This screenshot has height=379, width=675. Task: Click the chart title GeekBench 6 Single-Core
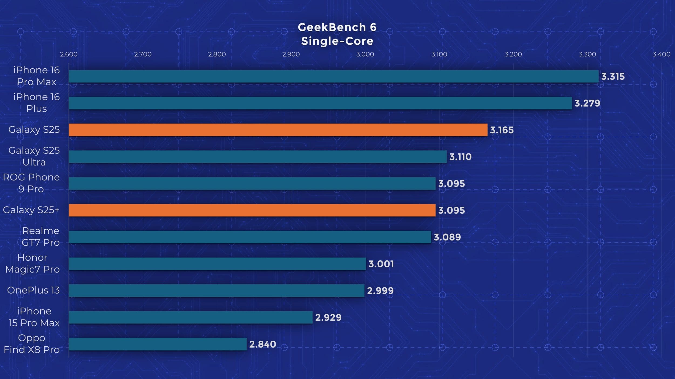[337, 34]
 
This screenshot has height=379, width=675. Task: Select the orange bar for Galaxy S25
[278, 130]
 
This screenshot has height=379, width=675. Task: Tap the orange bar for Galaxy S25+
[252, 210]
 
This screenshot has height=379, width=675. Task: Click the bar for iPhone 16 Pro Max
[333, 76]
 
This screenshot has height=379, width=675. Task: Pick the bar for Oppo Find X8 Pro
[158, 344]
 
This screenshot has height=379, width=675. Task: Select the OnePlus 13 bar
[217, 291]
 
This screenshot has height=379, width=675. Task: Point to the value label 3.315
[613, 77]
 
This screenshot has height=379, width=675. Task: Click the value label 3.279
[587, 103]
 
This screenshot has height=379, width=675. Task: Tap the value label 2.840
[262, 344]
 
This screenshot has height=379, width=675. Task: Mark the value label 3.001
[381, 264]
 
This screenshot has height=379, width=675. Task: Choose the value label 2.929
[328, 318]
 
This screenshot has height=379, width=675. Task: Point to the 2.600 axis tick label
[69, 54]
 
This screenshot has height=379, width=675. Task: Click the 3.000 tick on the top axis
[365, 54]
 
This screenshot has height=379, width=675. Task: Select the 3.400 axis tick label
[661, 54]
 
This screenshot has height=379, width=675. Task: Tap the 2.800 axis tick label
[217, 54]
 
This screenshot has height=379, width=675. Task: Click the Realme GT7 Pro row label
[40, 237]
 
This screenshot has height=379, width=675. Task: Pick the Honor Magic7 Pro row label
[32, 263]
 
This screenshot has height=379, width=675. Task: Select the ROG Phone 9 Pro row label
[31, 183]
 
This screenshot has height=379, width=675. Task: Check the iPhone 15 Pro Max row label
[34, 317]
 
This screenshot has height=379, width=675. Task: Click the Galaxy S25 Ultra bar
[258, 157]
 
